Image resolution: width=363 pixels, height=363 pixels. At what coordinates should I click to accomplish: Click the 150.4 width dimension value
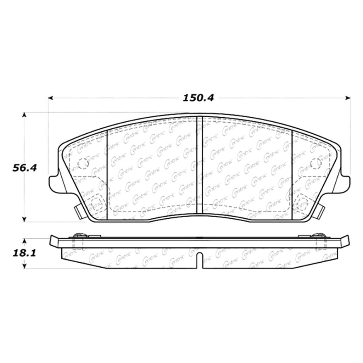(199, 98)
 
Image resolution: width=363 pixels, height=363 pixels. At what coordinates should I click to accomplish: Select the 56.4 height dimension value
(24, 168)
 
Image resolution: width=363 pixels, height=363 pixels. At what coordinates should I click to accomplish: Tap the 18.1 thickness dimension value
(24, 253)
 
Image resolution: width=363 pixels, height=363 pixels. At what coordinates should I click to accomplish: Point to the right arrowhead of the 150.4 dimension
(347, 98)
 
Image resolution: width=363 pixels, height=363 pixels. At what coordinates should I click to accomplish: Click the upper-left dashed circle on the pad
(83, 164)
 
